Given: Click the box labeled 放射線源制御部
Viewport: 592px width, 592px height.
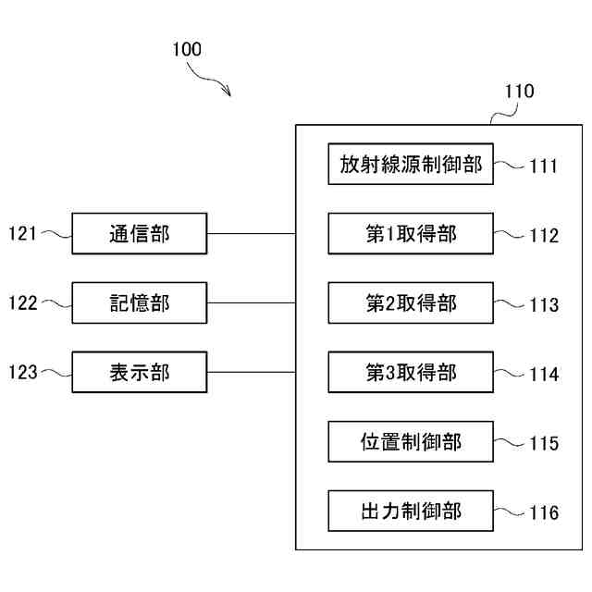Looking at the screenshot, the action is click(x=411, y=164).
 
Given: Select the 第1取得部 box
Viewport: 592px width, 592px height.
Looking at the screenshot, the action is click(x=411, y=233).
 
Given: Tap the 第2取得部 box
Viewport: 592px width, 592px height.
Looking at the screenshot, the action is click(x=411, y=302).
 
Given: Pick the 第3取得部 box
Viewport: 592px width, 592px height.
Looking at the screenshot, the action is click(x=411, y=372).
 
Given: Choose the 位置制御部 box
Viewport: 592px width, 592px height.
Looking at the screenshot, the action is click(x=411, y=442).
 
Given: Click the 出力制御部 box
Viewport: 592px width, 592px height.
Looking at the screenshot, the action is click(x=411, y=512).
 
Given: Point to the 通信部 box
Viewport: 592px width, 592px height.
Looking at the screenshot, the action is click(x=140, y=233).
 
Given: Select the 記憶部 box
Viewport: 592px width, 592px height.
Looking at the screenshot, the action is click(x=140, y=302).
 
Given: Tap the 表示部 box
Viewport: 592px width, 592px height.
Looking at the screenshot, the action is click(x=140, y=372).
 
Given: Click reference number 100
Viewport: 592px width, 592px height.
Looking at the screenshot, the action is click(x=187, y=49).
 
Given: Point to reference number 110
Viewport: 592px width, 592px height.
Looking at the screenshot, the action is click(x=520, y=92).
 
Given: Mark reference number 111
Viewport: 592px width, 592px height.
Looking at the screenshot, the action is click(x=544, y=166).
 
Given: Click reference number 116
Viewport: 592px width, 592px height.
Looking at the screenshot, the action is click(x=544, y=512).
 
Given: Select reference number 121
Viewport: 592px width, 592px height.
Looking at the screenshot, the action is click(x=22, y=233).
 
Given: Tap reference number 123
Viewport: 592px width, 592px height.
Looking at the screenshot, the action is click(x=23, y=372).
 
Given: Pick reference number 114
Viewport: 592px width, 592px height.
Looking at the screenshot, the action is click(x=544, y=375).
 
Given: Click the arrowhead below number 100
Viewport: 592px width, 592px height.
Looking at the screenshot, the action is click(x=227, y=92).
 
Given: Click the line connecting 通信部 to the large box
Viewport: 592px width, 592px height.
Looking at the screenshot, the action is click(x=252, y=234).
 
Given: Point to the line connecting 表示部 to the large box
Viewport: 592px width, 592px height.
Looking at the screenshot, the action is click(x=252, y=372).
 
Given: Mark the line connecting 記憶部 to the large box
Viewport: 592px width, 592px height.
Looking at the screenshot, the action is click(x=252, y=302).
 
